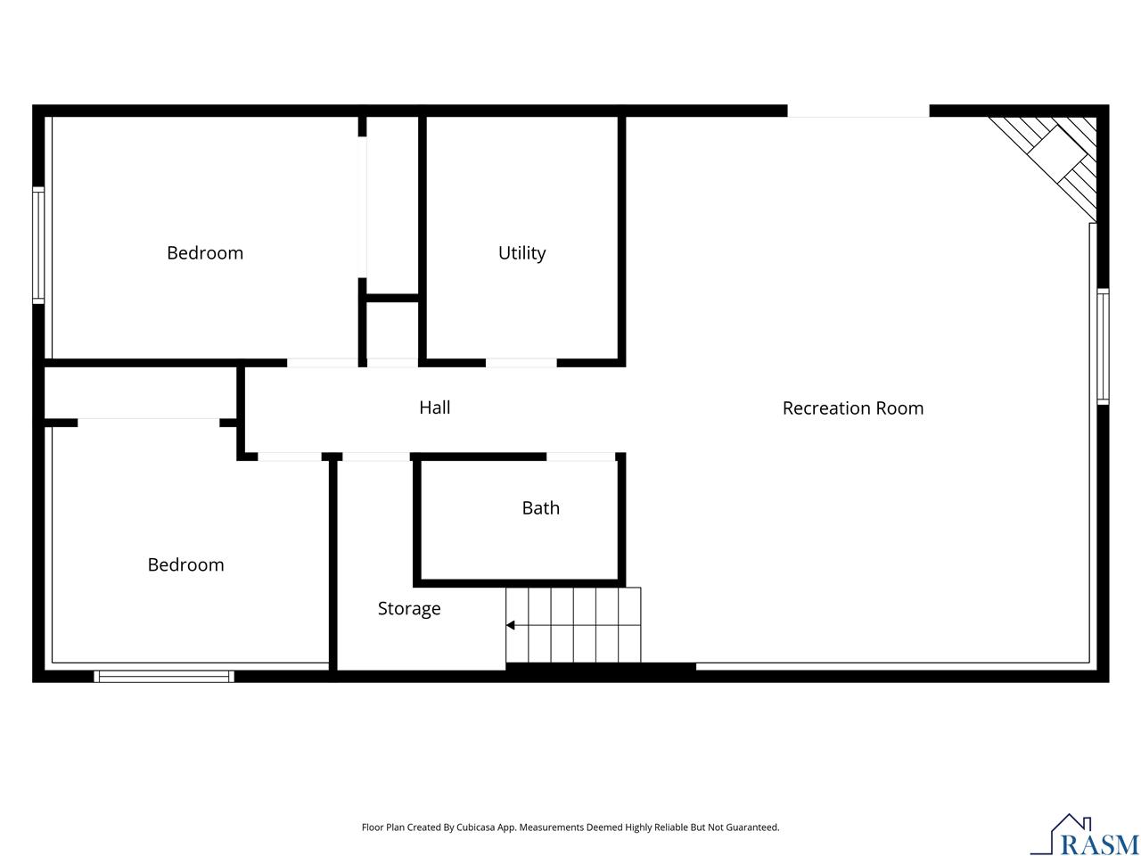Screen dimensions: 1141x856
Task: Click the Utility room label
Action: click(521, 253)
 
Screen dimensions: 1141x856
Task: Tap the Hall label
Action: click(435, 407)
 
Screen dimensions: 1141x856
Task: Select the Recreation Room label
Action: click(852, 408)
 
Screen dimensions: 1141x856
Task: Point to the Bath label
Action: click(540, 507)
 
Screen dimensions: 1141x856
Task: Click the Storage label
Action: click(409, 609)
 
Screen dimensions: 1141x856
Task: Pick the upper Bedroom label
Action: click(205, 253)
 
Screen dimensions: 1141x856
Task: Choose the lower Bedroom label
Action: click(185, 564)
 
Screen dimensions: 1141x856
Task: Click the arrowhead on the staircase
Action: click(511, 625)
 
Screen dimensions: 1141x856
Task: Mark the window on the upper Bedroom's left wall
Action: click(38, 245)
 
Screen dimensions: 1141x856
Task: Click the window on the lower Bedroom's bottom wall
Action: click(164, 676)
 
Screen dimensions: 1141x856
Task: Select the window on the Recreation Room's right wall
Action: click(1103, 346)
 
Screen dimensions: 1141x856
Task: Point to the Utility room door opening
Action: click(521, 363)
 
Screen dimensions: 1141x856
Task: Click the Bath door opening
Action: click(580, 457)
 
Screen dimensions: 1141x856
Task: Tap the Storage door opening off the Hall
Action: click(376, 457)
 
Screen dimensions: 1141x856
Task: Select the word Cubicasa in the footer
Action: click(475, 827)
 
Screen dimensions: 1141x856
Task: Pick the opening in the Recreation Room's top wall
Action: click(858, 111)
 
